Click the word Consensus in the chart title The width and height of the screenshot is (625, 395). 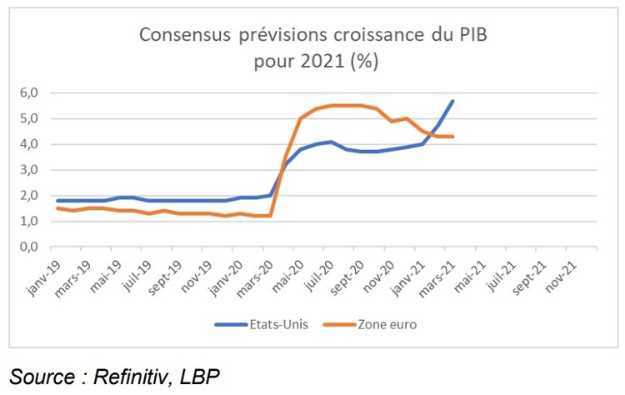(184, 35)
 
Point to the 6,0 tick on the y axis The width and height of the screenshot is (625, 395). (28, 92)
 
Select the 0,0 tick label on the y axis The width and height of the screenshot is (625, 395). (28, 247)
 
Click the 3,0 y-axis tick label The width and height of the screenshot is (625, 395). (28, 170)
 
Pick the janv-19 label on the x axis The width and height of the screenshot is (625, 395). (44, 278)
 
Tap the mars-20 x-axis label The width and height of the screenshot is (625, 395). (255, 278)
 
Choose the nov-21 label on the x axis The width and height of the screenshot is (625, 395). (561, 277)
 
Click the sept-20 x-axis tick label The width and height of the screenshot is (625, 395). (347, 277)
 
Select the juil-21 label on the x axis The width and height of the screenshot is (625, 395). (502, 277)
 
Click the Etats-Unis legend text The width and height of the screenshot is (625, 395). (278, 324)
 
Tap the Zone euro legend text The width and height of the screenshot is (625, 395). (387, 324)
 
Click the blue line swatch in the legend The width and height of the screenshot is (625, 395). (231, 325)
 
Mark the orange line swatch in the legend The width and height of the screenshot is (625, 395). (339, 325)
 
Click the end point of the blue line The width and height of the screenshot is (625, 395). (452, 101)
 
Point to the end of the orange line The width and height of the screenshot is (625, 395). (452, 137)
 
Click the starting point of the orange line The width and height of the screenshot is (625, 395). (58, 208)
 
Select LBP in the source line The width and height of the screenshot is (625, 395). (200, 377)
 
